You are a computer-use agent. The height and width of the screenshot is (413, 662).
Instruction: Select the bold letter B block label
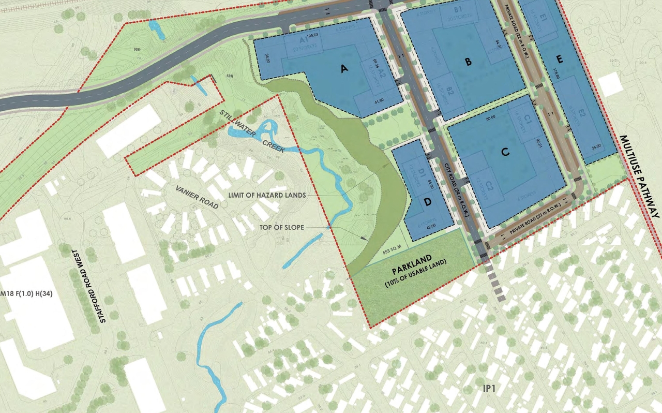coord(468,62)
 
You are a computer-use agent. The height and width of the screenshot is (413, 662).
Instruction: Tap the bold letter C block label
coord(506,152)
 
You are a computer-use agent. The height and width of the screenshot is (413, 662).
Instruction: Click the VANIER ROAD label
coord(197,196)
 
